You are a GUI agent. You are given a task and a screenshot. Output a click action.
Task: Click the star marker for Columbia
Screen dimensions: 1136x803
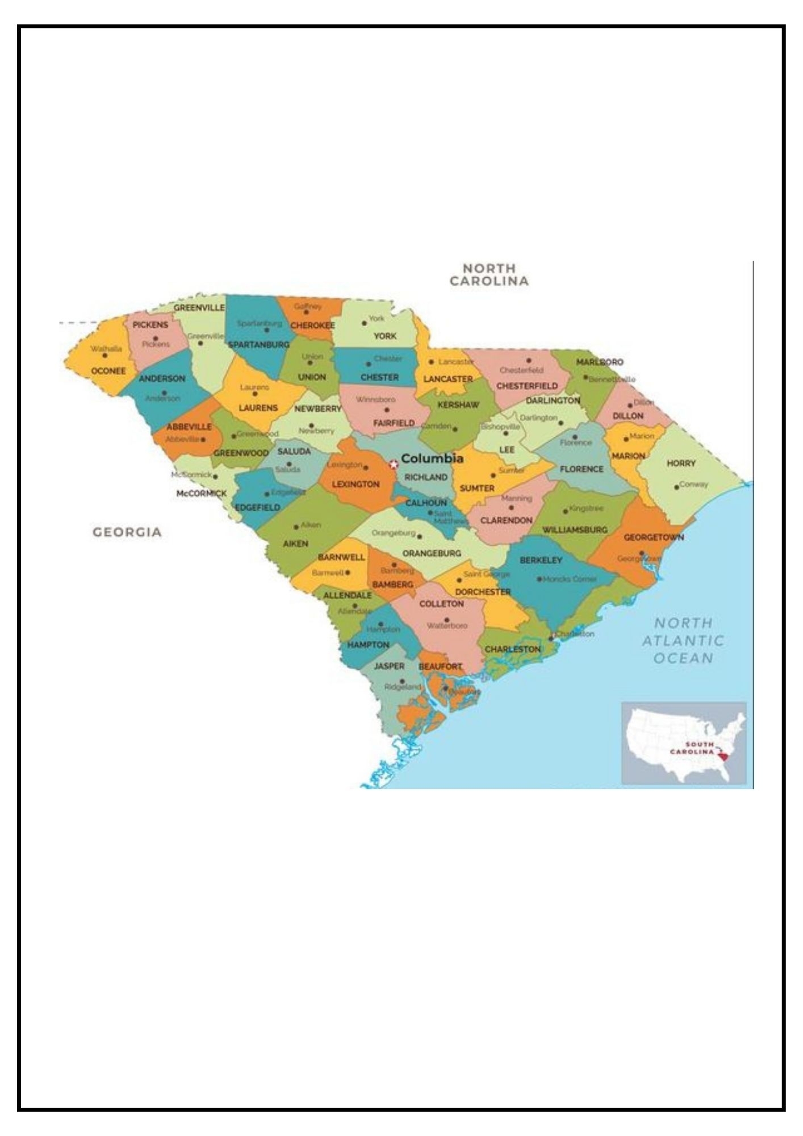(394, 464)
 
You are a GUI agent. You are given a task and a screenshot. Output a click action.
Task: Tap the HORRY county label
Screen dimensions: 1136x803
(681, 463)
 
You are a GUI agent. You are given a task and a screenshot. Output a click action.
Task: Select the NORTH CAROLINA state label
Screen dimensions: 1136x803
(489, 274)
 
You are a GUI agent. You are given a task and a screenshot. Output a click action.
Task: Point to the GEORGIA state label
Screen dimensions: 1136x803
(127, 532)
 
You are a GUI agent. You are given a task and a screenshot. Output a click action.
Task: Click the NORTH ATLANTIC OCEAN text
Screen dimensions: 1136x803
(683, 640)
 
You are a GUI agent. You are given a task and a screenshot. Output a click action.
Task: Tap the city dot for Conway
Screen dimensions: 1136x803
(676, 487)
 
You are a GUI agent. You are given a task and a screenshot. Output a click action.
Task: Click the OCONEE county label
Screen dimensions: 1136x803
(108, 371)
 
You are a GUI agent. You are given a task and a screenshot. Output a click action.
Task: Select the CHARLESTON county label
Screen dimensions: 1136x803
(512, 649)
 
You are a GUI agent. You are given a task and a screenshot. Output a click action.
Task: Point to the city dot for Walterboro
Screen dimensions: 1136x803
(446, 620)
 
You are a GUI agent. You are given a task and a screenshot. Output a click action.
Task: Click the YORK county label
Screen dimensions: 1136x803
(384, 336)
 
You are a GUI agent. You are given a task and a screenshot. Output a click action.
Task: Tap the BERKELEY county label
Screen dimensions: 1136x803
(541, 560)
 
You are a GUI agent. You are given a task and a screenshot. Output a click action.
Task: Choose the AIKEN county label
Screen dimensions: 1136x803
(295, 544)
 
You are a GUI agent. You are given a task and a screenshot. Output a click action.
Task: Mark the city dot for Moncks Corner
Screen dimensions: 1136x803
(539, 579)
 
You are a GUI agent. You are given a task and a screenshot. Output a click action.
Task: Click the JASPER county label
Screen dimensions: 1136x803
(389, 666)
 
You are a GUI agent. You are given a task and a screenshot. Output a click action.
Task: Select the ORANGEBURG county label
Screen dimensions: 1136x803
(432, 553)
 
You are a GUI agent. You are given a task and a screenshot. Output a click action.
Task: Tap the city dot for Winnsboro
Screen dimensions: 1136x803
(387, 410)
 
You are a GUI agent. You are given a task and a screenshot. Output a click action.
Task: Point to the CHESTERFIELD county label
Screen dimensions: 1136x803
(527, 386)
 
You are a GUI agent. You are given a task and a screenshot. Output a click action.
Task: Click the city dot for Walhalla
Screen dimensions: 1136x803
(104, 356)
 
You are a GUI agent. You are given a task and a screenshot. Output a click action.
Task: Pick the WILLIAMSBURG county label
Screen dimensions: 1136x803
(575, 529)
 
